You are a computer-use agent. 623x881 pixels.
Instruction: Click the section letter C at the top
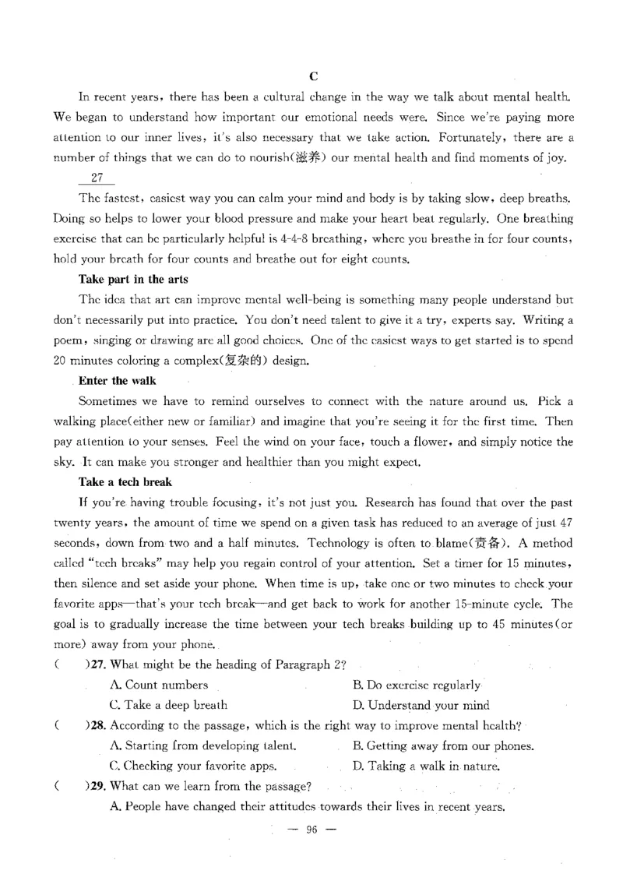(x=313, y=76)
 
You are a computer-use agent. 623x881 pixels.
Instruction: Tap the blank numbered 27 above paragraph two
(x=97, y=178)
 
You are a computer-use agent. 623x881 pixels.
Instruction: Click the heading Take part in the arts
(x=133, y=279)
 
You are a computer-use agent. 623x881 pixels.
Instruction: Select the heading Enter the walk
(x=118, y=381)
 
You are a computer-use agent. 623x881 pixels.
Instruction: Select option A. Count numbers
(x=160, y=685)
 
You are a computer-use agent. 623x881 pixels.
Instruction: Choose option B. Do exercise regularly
(x=417, y=685)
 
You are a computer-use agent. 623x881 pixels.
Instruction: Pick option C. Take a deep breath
(x=169, y=705)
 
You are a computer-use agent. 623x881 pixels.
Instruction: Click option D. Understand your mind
(x=421, y=705)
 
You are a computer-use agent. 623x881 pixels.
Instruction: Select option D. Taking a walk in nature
(x=426, y=766)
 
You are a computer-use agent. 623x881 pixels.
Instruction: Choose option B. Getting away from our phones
(x=443, y=745)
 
